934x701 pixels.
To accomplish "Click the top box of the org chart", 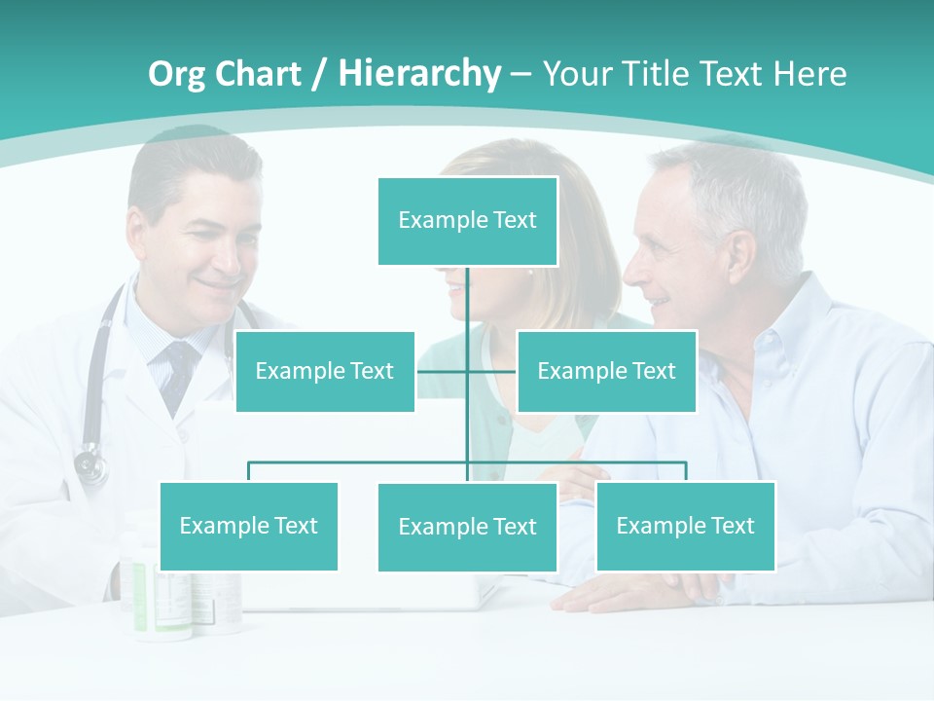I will coord(467,221).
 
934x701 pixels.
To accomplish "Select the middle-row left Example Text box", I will coord(325,371).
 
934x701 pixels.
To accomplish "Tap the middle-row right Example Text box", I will coord(606,371).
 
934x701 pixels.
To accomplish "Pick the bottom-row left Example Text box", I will coord(248,526).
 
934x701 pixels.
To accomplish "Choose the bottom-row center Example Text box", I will coord(467,527).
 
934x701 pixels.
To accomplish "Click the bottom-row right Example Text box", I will coord(685,526).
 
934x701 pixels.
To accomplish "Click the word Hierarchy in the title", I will coord(418,74).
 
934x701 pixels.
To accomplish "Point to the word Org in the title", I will coord(176,74).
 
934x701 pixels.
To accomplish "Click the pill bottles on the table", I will coord(185,594).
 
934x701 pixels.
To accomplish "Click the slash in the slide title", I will coord(319,74).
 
